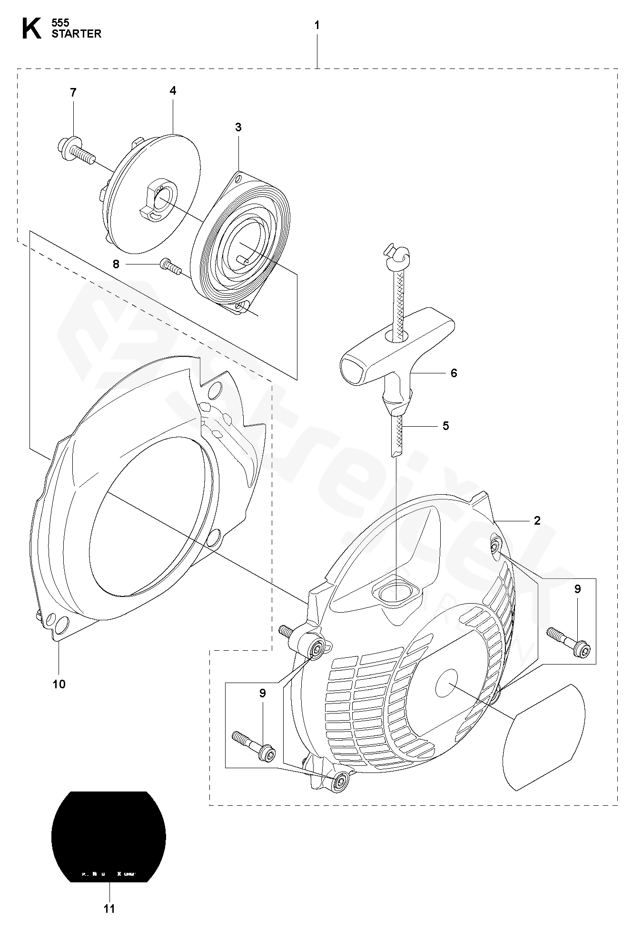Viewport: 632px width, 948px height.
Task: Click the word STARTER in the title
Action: pos(77,34)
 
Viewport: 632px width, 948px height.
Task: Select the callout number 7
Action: pos(73,93)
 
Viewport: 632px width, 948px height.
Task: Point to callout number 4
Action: pos(173,90)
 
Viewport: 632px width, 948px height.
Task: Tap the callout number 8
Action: pos(116,264)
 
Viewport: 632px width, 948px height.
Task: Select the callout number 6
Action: pos(454,373)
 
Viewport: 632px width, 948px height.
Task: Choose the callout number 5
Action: pos(445,425)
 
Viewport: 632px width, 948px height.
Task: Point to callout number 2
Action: pos(537,521)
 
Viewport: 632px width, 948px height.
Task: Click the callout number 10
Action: pos(59,684)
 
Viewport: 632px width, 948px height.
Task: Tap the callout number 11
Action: pos(109,909)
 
